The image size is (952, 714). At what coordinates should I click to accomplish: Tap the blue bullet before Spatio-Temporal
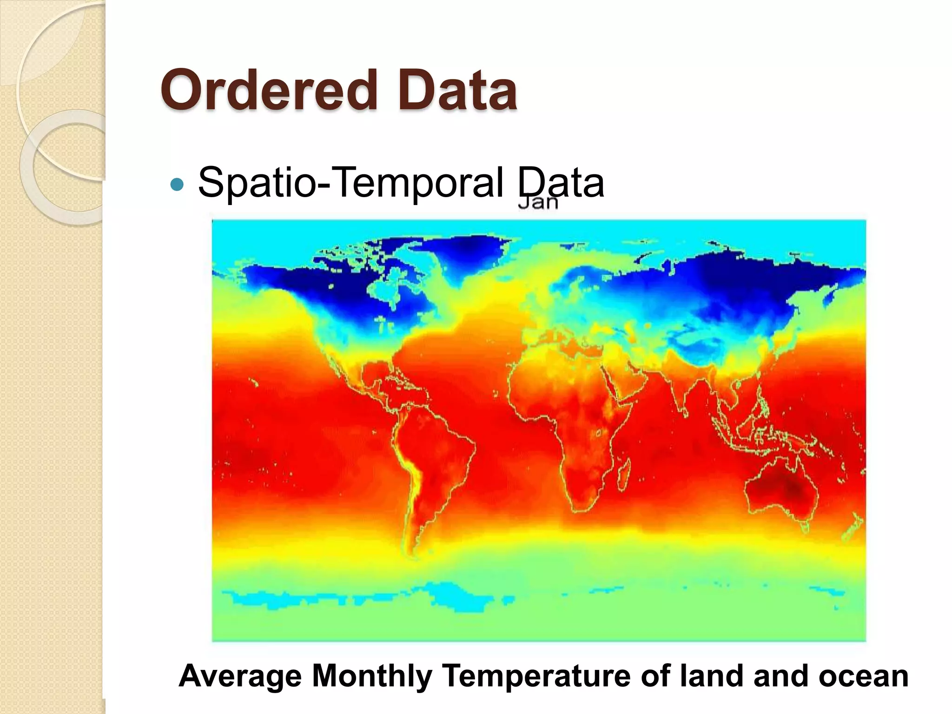pyautogui.click(x=177, y=185)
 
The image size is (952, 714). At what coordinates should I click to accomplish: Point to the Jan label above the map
pyautogui.click(x=538, y=203)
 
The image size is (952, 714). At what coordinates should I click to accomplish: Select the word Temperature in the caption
pyautogui.click(x=536, y=676)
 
